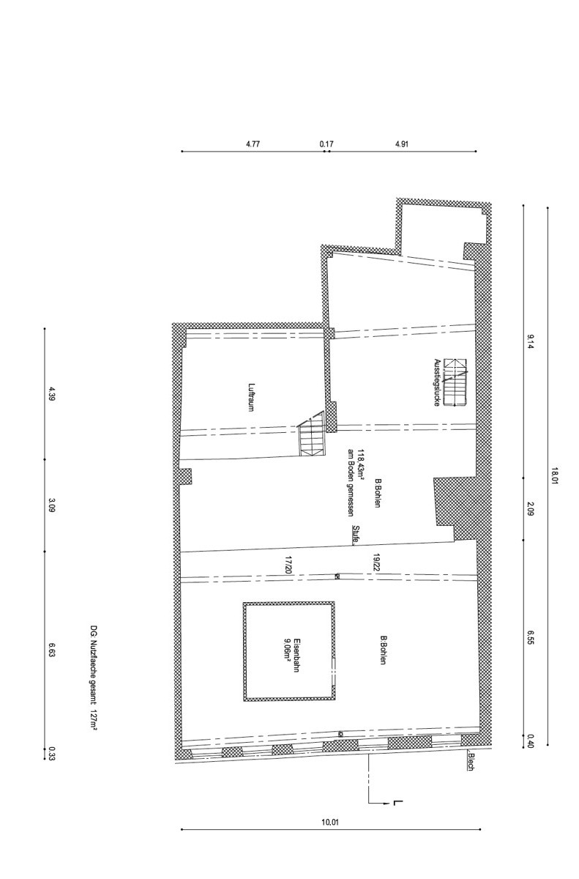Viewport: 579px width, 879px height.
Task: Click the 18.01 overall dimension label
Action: coord(554,475)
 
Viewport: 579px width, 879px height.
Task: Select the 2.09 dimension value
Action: coord(531,509)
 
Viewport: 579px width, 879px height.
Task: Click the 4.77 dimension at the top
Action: coord(253,144)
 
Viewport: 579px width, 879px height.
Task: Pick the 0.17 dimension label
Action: coord(326,144)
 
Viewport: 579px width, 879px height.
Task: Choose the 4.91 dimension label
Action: coord(401,144)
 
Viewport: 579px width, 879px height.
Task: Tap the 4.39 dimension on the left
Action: coord(52,393)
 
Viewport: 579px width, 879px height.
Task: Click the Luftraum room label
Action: coord(251,397)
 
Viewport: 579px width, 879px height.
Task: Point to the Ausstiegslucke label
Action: coord(437,382)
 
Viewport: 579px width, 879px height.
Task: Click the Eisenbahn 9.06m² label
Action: coord(293,654)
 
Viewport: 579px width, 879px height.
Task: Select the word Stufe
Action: coord(356,535)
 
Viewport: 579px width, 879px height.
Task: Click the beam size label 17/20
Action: coord(288,565)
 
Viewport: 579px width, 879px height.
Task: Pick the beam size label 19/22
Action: coord(376,563)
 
